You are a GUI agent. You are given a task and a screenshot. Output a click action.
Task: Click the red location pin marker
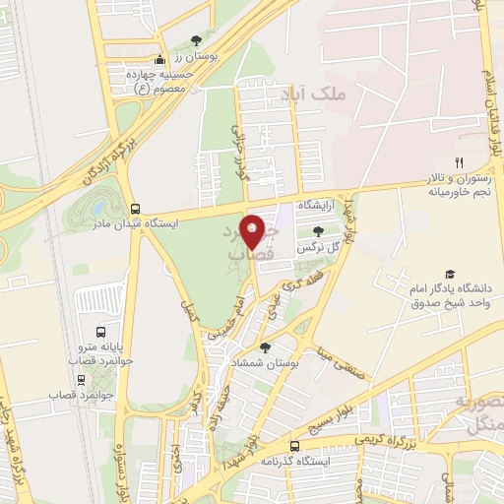point(253,229)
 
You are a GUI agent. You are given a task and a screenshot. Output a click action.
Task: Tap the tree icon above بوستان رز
point(196,41)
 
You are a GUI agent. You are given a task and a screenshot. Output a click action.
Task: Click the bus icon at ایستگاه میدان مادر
point(135,209)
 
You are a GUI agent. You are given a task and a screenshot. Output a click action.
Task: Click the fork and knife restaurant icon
point(457,161)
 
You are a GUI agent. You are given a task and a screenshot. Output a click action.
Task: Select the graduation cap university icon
point(450,275)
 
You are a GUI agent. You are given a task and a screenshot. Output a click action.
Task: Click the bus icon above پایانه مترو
point(99,331)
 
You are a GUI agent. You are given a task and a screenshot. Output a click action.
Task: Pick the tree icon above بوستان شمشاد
point(265,347)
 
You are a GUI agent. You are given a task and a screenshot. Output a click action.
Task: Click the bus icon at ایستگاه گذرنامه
point(294,446)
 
